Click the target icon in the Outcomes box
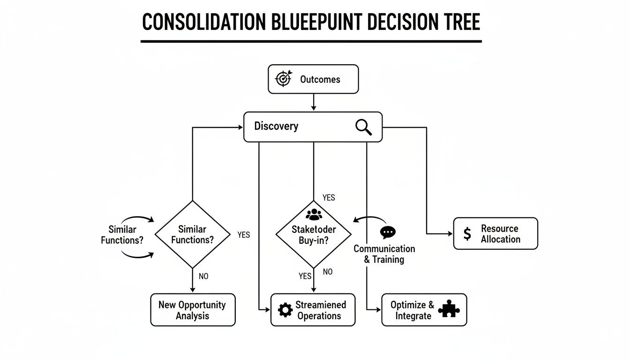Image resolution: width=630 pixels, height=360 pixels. [x=283, y=79]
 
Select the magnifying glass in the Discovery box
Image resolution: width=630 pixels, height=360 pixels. [x=364, y=127]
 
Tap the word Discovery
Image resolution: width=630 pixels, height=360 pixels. [x=276, y=126]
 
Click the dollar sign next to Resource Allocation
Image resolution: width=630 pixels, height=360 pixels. [x=467, y=234]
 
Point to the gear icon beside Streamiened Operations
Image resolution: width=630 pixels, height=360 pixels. [x=285, y=310]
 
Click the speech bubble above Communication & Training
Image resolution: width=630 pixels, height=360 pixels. [x=388, y=232]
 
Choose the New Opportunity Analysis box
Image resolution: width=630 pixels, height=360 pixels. [x=192, y=310]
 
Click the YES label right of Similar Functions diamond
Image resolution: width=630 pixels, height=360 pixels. [x=244, y=235]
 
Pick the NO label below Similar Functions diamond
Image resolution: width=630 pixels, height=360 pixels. [x=203, y=276]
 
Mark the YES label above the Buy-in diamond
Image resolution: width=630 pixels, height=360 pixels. [x=329, y=198]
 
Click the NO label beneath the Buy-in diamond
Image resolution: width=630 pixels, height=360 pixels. [x=328, y=272]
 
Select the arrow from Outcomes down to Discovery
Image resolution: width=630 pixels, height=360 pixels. [x=313, y=102]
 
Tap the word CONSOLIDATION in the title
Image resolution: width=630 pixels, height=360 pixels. [x=197, y=23]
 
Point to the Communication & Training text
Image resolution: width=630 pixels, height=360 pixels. [x=384, y=254]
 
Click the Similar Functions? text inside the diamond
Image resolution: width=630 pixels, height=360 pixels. [x=192, y=234]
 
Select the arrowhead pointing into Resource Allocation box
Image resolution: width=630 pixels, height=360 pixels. [x=450, y=233]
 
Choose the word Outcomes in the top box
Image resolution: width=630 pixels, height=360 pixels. [x=320, y=79]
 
